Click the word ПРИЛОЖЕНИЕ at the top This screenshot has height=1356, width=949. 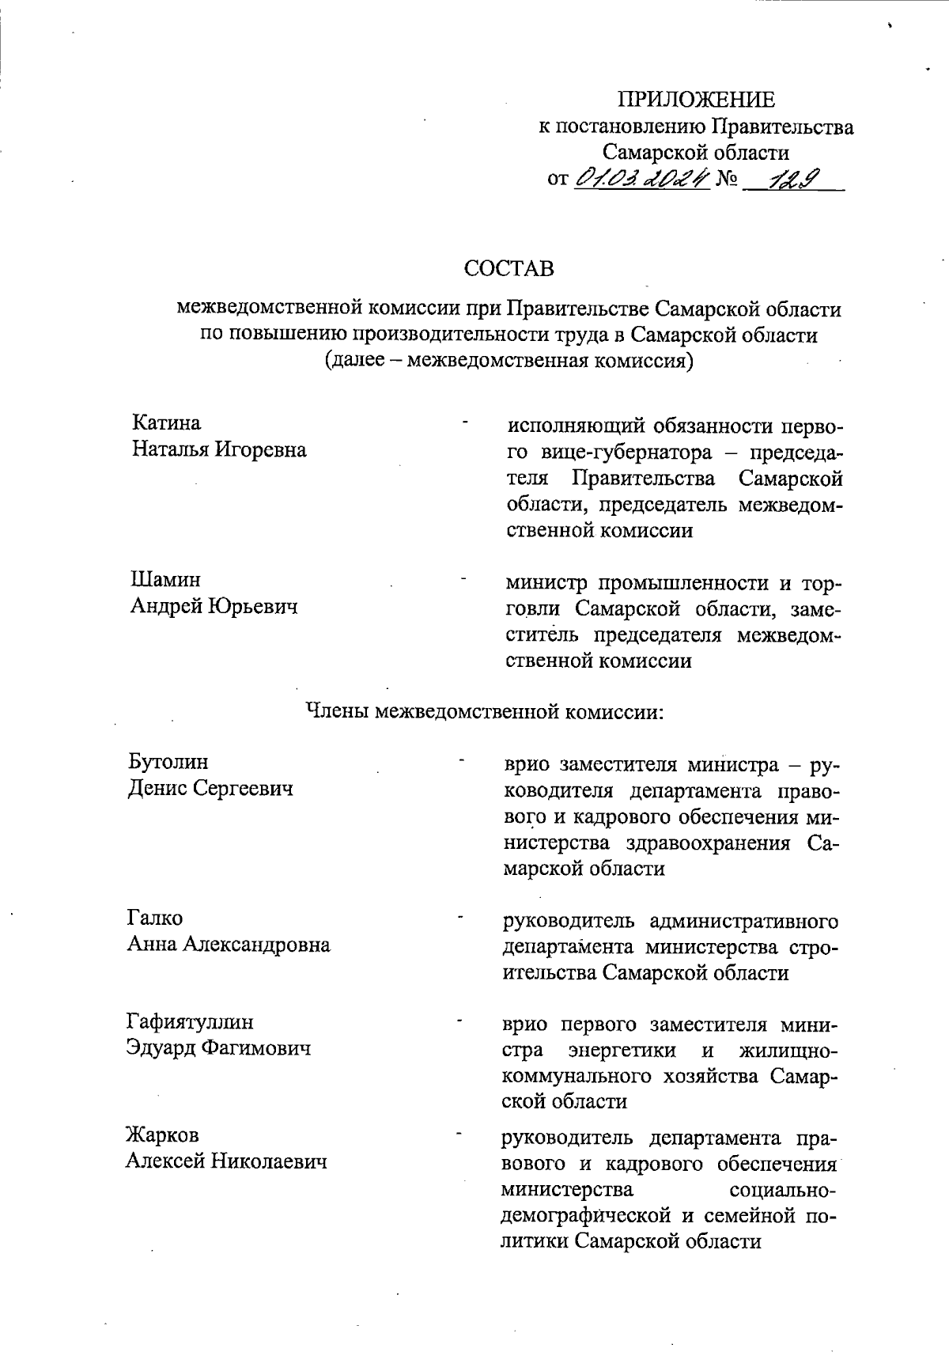(x=696, y=100)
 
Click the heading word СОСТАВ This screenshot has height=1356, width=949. (x=509, y=269)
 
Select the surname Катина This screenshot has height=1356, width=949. (x=166, y=423)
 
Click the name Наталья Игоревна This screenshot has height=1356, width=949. (x=219, y=450)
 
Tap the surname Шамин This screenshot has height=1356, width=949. (x=165, y=580)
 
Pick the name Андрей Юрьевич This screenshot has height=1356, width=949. (x=214, y=607)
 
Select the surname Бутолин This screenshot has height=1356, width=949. (x=168, y=762)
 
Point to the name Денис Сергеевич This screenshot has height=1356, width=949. (x=210, y=789)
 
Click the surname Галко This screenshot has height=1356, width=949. (x=154, y=918)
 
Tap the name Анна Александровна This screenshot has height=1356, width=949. (x=229, y=945)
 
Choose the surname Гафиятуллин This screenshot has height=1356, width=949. (x=190, y=1021)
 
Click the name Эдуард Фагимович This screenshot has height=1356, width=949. (x=218, y=1048)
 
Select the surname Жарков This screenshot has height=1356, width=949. (x=162, y=1135)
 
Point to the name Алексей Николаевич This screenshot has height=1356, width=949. (x=226, y=1161)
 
